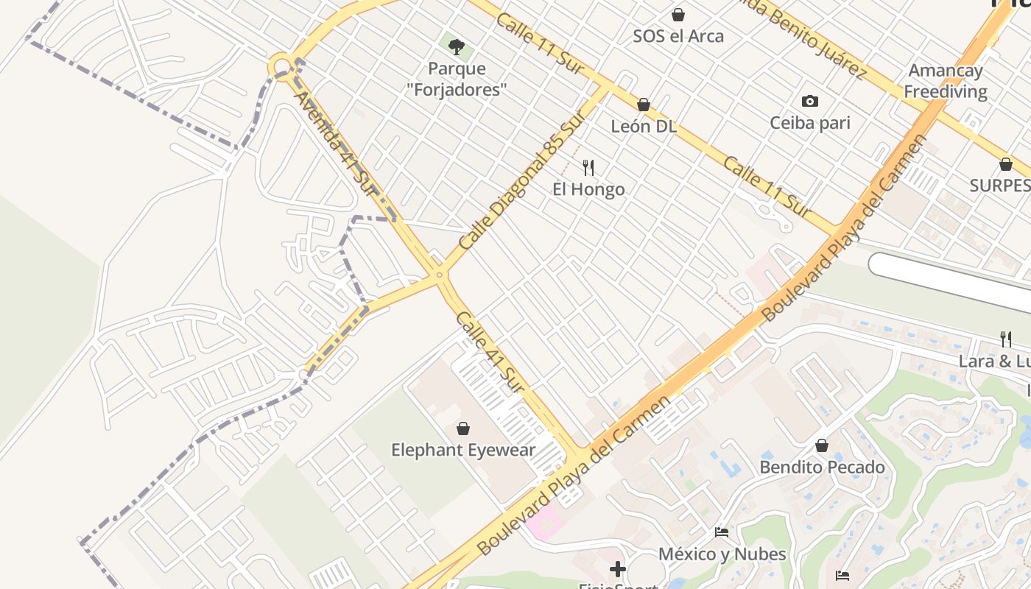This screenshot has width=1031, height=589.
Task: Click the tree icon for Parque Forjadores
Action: (x=457, y=47)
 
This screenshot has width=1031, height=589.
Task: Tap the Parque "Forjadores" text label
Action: (x=457, y=79)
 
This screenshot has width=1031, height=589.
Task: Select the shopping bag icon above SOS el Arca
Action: (x=678, y=15)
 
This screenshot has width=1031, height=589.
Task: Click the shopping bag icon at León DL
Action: (x=644, y=105)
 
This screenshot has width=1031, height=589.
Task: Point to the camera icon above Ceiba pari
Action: (x=810, y=101)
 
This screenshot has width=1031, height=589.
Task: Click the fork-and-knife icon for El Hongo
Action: (x=588, y=168)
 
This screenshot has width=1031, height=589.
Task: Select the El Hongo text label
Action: (x=588, y=189)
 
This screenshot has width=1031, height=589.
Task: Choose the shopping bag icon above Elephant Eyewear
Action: (x=463, y=428)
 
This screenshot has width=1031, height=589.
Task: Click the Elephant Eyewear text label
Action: (x=463, y=450)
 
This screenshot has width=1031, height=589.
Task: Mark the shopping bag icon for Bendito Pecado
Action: (x=822, y=445)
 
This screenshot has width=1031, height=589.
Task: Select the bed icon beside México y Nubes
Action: (x=722, y=532)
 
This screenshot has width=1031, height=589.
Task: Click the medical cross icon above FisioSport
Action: (x=618, y=569)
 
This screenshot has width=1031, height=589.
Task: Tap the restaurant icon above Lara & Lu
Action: (x=1006, y=339)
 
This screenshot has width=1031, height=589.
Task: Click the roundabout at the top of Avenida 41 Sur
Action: (x=281, y=67)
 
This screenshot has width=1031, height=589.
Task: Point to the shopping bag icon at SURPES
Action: (x=1006, y=164)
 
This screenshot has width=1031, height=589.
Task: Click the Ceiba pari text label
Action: (x=810, y=122)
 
